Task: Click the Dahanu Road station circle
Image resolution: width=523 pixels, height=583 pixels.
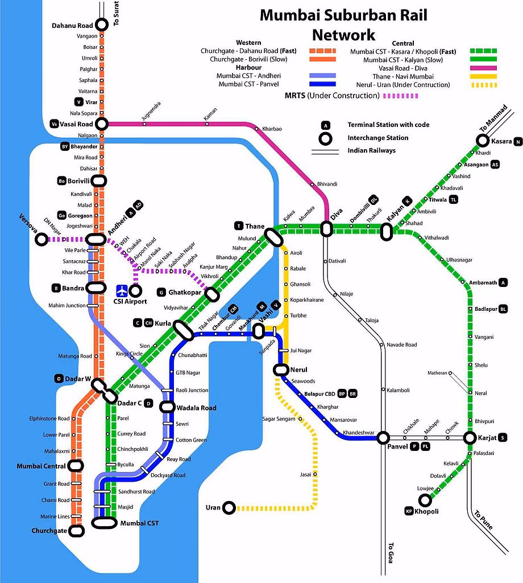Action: coord(102,24)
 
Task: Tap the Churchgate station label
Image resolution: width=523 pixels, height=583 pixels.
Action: coord(49,531)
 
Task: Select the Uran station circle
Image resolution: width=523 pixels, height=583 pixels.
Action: coord(229,507)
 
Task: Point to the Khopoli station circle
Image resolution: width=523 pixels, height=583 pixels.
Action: coord(424,500)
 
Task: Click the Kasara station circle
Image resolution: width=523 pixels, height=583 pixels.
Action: coord(482,141)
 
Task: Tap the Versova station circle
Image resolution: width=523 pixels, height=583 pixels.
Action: coord(41,240)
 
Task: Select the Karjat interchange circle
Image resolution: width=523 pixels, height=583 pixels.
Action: coord(470,438)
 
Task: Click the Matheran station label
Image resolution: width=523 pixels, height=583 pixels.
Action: coord(437,373)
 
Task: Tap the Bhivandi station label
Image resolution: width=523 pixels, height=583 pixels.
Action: coord(327,184)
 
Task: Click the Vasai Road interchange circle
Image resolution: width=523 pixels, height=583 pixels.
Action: coord(102,124)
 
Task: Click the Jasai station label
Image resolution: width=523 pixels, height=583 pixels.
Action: coord(305,474)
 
